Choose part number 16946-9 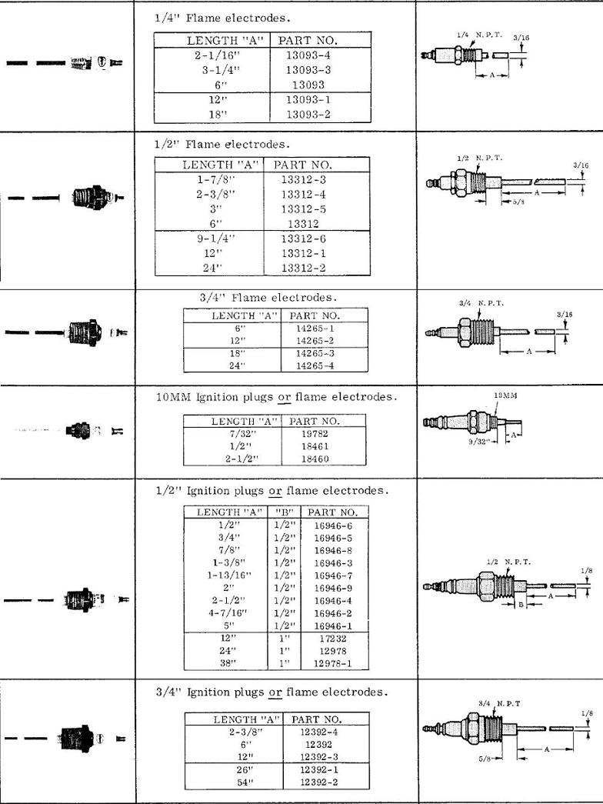click(332, 585)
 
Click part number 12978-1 click(332, 662)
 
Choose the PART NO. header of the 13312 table click(301, 165)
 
